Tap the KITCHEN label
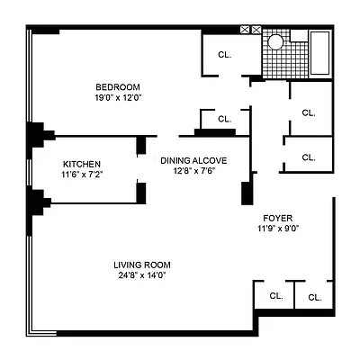click(x=81, y=163)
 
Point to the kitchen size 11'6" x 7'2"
click(x=81, y=174)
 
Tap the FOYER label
click(x=277, y=219)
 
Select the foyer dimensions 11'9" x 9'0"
click(x=277, y=229)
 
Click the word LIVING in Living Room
click(x=129, y=265)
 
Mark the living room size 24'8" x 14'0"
click(x=141, y=275)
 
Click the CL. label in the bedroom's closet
click(x=224, y=54)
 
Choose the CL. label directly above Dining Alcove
click(x=224, y=118)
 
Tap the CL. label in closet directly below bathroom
click(x=309, y=113)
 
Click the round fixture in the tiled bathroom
click(x=276, y=40)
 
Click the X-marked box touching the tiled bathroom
click(x=257, y=30)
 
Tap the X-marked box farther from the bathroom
click(x=246, y=30)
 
